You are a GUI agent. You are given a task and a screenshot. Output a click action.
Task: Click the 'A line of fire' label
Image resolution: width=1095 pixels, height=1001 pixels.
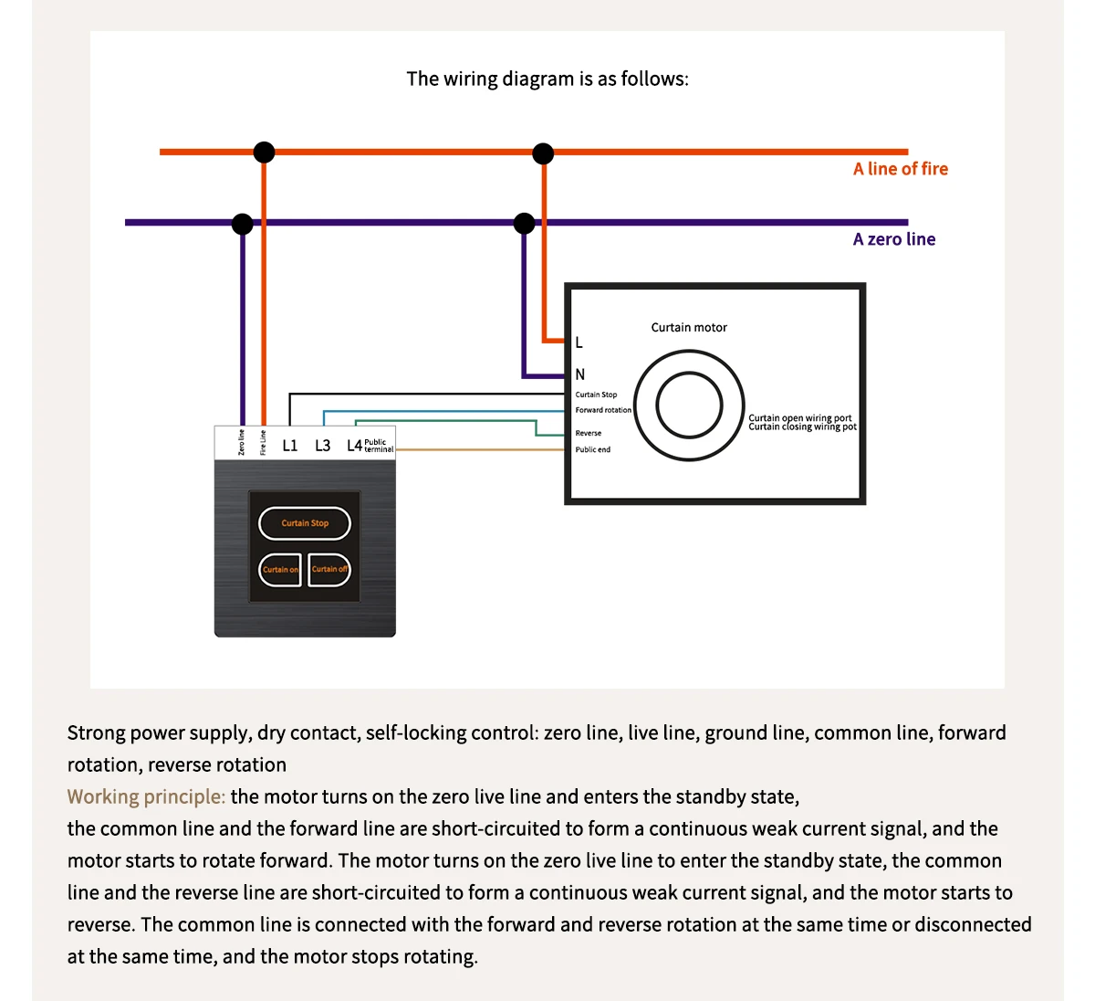pyautogui.click(x=900, y=169)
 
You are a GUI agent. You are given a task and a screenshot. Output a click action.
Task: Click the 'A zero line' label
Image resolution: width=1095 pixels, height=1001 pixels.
pyautogui.click(x=893, y=239)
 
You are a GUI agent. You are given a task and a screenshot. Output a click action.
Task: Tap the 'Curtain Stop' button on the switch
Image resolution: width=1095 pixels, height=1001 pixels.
pyautogui.click(x=305, y=523)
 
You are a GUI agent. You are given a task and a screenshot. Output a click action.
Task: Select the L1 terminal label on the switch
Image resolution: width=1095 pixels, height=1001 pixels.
pyautogui.click(x=290, y=446)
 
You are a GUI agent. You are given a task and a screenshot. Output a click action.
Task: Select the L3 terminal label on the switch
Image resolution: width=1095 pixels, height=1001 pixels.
pyautogui.click(x=323, y=446)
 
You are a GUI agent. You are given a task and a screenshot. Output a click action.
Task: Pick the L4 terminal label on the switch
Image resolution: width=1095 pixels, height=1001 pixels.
pyautogui.click(x=354, y=446)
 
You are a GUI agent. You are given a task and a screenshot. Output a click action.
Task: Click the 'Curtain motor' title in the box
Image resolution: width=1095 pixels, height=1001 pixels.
pyautogui.click(x=689, y=327)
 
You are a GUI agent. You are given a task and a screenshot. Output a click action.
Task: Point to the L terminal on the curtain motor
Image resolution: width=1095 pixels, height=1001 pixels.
pyautogui.click(x=579, y=342)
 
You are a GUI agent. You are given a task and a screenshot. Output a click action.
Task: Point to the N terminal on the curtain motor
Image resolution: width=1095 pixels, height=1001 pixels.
pyautogui.click(x=580, y=374)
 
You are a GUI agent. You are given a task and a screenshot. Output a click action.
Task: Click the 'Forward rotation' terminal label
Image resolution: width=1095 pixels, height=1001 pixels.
pyautogui.click(x=603, y=410)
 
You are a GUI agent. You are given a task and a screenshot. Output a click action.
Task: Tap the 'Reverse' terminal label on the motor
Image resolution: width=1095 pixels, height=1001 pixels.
pyautogui.click(x=589, y=433)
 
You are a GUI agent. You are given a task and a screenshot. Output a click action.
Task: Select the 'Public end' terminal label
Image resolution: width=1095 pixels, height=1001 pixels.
pyautogui.click(x=593, y=449)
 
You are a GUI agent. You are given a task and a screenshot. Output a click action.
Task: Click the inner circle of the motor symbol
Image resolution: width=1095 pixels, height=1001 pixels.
pyautogui.click(x=689, y=405)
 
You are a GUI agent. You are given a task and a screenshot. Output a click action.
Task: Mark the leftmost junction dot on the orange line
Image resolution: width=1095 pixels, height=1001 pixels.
pyautogui.click(x=264, y=152)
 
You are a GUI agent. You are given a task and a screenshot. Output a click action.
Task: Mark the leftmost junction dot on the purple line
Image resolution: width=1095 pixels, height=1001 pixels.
pyautogui.click(x=243, y=223)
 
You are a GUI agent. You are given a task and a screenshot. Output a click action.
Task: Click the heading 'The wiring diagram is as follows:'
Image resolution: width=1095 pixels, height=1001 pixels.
pyautogui.click(x=547, y=79)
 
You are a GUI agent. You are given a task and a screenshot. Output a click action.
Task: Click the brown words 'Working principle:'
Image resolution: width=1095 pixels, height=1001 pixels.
pyautogui.click(x=146, y=796)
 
